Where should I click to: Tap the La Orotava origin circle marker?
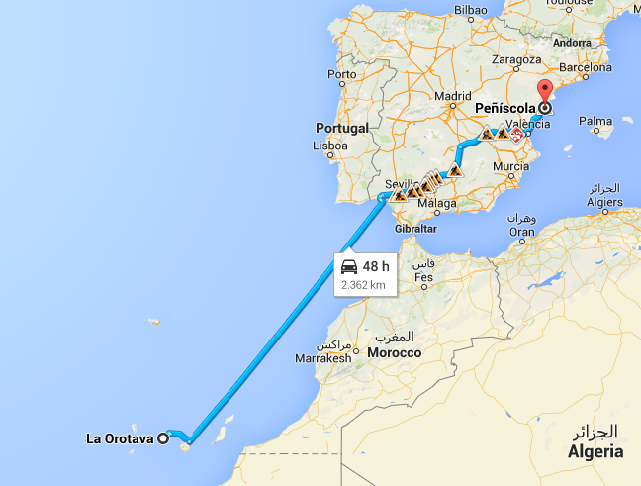tap(164, 439)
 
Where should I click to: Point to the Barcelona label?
tap(586, 68)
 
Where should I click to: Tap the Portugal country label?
tap(341, 128)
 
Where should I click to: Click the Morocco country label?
tap(394, 352)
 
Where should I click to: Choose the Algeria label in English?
tap(594, 451)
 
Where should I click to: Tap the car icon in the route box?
tap(349, 267)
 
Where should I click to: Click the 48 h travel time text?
tap(376, 267)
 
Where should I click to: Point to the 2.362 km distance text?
tap(362, 284)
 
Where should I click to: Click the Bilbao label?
tap(471, 10)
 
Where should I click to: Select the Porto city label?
tap(342, 74)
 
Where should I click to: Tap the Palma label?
tap(595, 122)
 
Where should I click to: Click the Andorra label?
tap(572, 43)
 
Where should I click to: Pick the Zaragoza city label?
tap(514, 59)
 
